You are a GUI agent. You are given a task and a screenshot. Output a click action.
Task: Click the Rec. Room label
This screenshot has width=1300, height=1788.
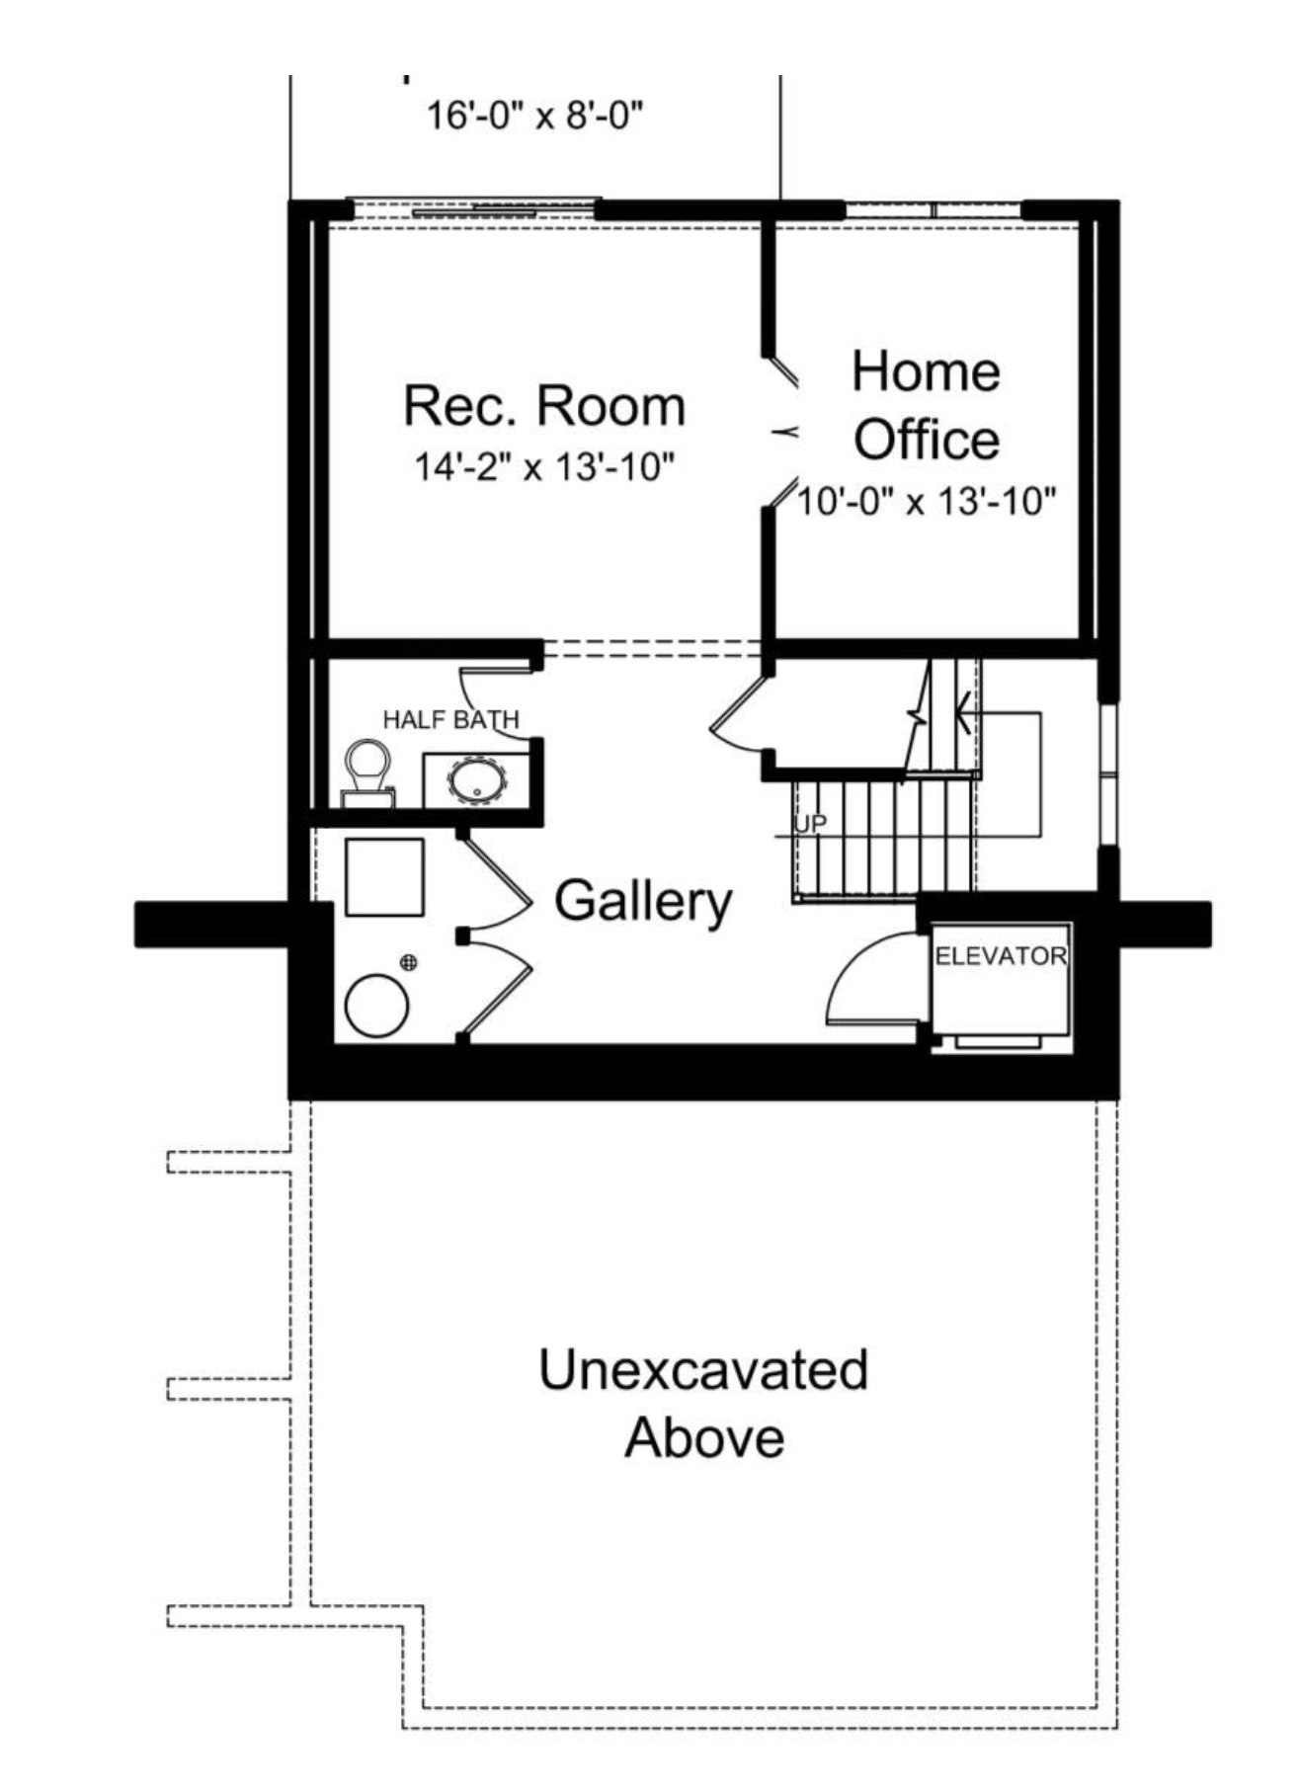coord(544,406)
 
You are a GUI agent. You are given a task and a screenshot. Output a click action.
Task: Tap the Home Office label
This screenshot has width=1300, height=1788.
coord(927,405)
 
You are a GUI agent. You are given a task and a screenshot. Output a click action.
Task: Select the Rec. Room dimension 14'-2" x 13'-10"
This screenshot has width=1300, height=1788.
coord(544,466)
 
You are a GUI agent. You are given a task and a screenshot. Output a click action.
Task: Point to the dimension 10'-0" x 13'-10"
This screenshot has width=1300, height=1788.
coord(927,502)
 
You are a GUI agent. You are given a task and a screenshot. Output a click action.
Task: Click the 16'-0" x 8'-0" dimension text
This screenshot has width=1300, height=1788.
coord(534,116)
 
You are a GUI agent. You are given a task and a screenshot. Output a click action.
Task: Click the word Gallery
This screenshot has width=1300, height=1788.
coord(643,901)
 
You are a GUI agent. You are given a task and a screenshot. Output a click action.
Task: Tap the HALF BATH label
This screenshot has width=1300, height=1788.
coord(451,720)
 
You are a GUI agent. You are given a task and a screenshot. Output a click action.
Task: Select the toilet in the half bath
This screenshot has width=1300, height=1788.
coord(368,774)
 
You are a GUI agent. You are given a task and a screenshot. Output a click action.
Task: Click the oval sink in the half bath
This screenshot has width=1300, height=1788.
coord(478,780)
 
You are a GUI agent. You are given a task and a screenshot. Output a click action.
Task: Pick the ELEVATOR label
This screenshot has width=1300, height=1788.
coord(1001,956)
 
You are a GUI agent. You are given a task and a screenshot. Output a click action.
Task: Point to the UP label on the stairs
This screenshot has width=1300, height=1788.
coord(810,823)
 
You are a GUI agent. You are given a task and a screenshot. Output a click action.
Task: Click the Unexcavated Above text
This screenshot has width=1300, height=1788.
coord(703,1403)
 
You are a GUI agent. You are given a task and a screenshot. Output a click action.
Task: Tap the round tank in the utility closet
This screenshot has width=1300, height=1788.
coord(376,1006)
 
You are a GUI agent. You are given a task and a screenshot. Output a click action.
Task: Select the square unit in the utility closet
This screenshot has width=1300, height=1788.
coord(384,877)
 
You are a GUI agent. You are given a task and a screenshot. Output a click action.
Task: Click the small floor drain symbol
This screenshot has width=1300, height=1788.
coord(408,962)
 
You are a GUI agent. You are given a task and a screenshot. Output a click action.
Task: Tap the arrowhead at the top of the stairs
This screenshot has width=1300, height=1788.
coord(962,711)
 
